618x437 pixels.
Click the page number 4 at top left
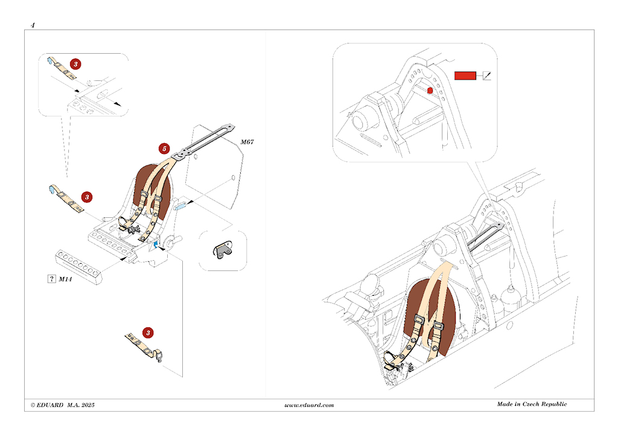33,25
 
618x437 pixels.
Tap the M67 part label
247,142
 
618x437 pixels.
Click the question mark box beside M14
51,278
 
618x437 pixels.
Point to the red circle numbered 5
163,148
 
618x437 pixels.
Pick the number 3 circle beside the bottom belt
148,333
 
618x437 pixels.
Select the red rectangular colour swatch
465,75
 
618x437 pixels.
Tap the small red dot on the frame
430,91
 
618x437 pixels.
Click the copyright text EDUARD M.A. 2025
62,404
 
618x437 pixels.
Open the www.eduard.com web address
308,405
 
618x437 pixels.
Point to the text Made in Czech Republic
532,404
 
